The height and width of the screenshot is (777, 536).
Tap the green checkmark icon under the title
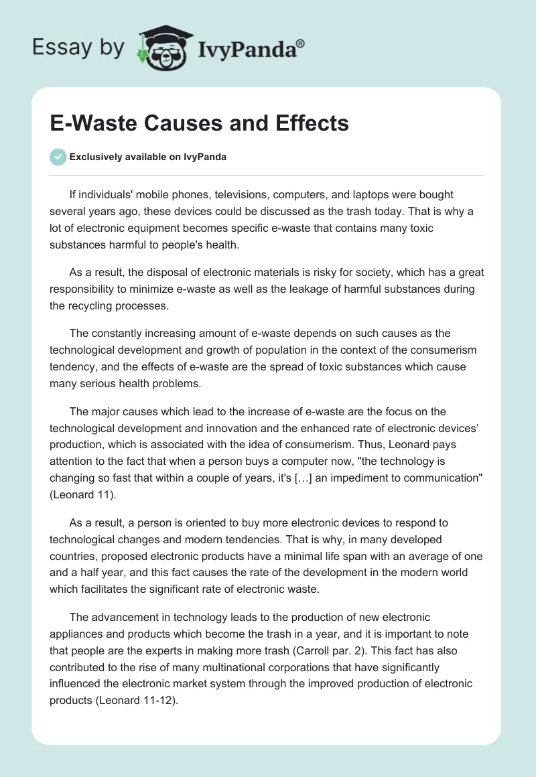coord(58,157)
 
